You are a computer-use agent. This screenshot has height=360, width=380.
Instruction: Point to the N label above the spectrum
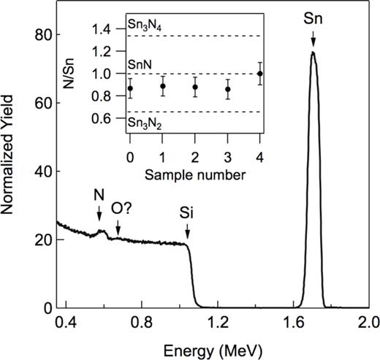click(x=99, y=196)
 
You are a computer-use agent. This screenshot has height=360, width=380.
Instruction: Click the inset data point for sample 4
click(x=260, y=74)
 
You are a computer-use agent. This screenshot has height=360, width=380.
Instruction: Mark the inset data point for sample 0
click(x=129, y=88)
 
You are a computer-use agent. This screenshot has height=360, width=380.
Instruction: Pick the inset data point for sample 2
click(x=194, y=88)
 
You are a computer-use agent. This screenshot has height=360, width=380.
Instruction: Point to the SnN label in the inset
click(x=138, y=65)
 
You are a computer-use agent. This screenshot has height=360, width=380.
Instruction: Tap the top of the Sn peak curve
click(x=313, y=52)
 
